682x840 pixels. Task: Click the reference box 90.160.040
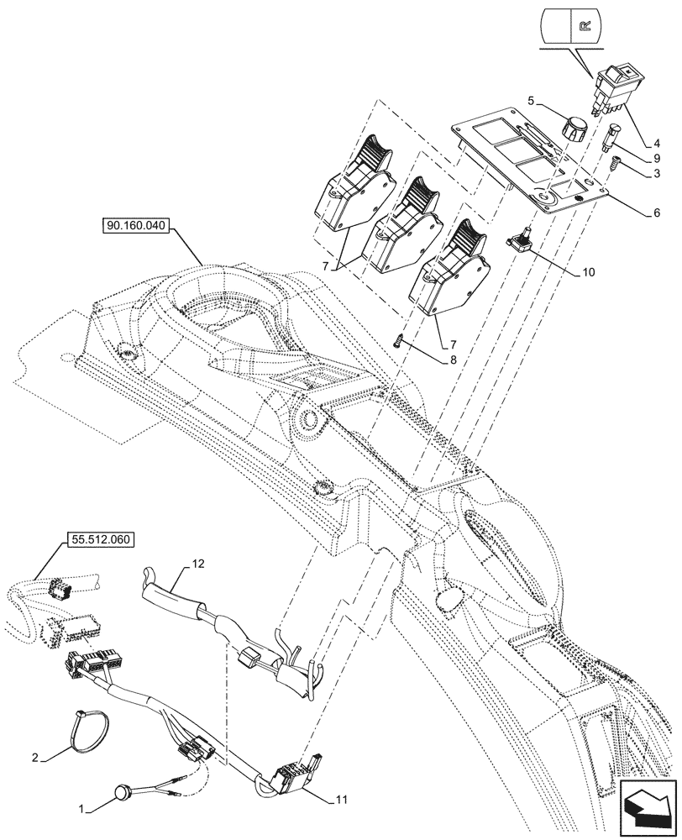pos(138,226)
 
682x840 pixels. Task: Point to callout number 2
pos(34,759)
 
